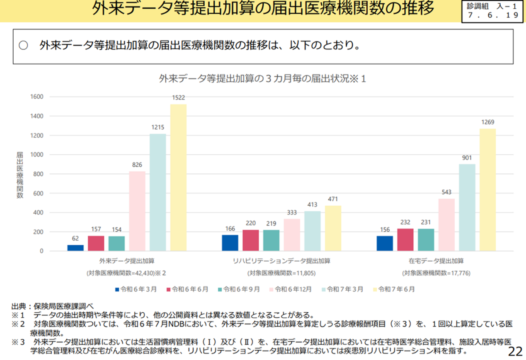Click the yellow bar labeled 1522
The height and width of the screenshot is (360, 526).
[x=178, y=178]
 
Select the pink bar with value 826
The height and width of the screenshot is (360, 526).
[x=137, y=211]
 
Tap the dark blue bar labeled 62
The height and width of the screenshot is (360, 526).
[x=75, y=248]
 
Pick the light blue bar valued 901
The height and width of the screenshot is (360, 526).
[x=467, y=207]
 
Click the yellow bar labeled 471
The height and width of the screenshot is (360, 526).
[x=333, y=228]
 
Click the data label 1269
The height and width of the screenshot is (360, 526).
[x=487, y=122]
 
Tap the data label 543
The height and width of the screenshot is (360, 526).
[x=446, y=192]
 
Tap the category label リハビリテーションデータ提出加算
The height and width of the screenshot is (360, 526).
[x=281, y=261]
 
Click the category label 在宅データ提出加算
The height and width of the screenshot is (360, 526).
[x=436, y=261]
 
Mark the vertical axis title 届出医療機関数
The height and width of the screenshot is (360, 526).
[x=19, y=174]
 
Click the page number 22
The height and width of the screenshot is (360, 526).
[x=515, y=351]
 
